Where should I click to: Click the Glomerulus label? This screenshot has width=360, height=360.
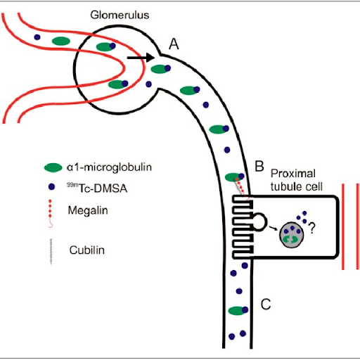tap(120, 15)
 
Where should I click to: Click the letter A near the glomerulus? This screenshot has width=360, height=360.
tap(174, 44)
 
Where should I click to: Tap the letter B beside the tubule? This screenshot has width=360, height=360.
tap(259, 166)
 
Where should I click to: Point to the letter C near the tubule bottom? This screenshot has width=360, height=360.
tap(266, 304)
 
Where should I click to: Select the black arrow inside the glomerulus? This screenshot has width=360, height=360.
tap(141, 58)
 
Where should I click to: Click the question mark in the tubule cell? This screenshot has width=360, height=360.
tap(311, 228)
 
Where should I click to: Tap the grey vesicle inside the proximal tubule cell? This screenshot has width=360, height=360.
tap(291, 235)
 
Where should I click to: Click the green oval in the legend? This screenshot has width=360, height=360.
tap(53, 167)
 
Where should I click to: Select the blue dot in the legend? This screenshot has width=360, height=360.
tap(51, 187)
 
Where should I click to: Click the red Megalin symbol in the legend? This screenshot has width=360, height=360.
tap(50, 213)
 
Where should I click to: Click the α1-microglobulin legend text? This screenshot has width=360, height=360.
tap(109, 167)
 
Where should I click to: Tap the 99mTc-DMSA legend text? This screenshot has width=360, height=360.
tap(97, 188)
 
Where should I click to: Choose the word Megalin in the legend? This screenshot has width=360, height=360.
tap(88, 210)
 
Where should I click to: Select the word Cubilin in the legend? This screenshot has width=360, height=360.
tap(87, 250)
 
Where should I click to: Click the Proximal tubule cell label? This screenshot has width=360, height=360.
tap(297, 180)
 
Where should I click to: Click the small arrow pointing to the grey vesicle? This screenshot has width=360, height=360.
tap(273, 227)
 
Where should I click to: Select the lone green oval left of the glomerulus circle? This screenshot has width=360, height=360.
tap(61, 41)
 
